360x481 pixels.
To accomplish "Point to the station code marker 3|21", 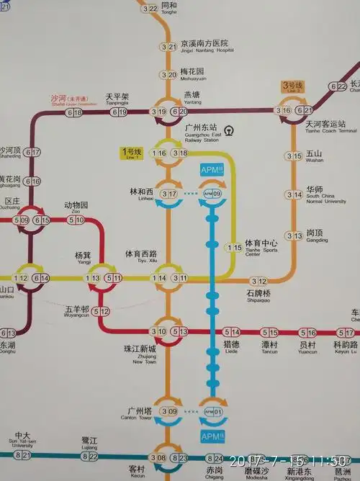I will click(168, 47).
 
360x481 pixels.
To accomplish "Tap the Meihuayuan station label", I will click(192, 73).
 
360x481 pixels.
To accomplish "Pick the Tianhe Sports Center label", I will click(260, 246).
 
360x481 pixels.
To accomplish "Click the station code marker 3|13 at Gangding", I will click(294, 235).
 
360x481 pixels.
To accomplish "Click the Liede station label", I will click(231, 347).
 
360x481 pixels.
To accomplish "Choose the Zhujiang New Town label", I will click(140, 354).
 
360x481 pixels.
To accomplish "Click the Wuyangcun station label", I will click(76, 311).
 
